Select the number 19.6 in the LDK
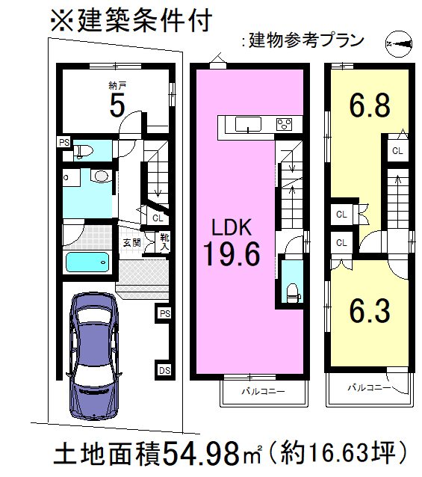click(x=232, y=255)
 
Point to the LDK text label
click(x=232, y=226)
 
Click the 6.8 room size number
click(x=370, y=105)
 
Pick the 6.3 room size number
click(x=370, y=311)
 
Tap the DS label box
click(x=164, y=369)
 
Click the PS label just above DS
click(x=164, y=313)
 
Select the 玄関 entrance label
click(x=131, y=242)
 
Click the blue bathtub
click(x=87, y=263)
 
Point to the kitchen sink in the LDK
click(x=246, y=124)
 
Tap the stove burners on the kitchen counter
click(x=285, y=124)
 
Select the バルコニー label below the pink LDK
click(x=262, y=391)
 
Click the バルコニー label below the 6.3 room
click(x=367, y=388)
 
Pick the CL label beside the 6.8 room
click(x=397, y=151)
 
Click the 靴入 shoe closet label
click(x=164, y=241)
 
